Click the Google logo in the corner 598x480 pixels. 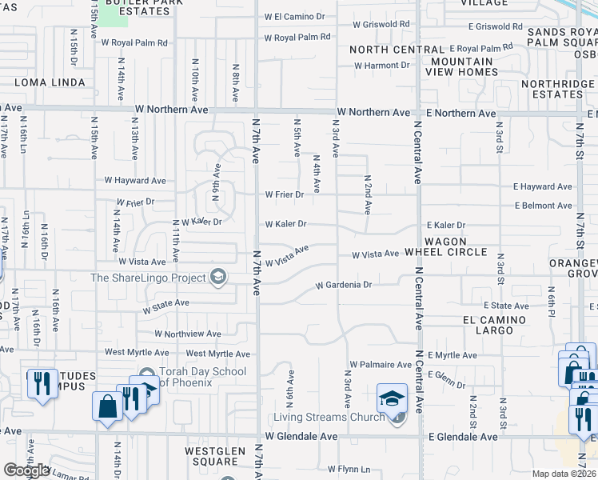[x=26, y=470]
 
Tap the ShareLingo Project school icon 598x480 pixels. [x=217, y=278]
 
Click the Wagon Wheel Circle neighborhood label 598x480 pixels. [x=456, y=246]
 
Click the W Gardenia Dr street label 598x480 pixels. [x=344, y=285]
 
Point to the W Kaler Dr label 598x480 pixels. [x=285, y=225]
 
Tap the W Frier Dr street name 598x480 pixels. [x=285, y=194]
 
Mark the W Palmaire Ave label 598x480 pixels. [x=380, y=364]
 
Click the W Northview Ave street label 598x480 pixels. [x=188, y=334]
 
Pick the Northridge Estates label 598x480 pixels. [x=557, y=89]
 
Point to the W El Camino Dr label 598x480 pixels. [x=296, y=17]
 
